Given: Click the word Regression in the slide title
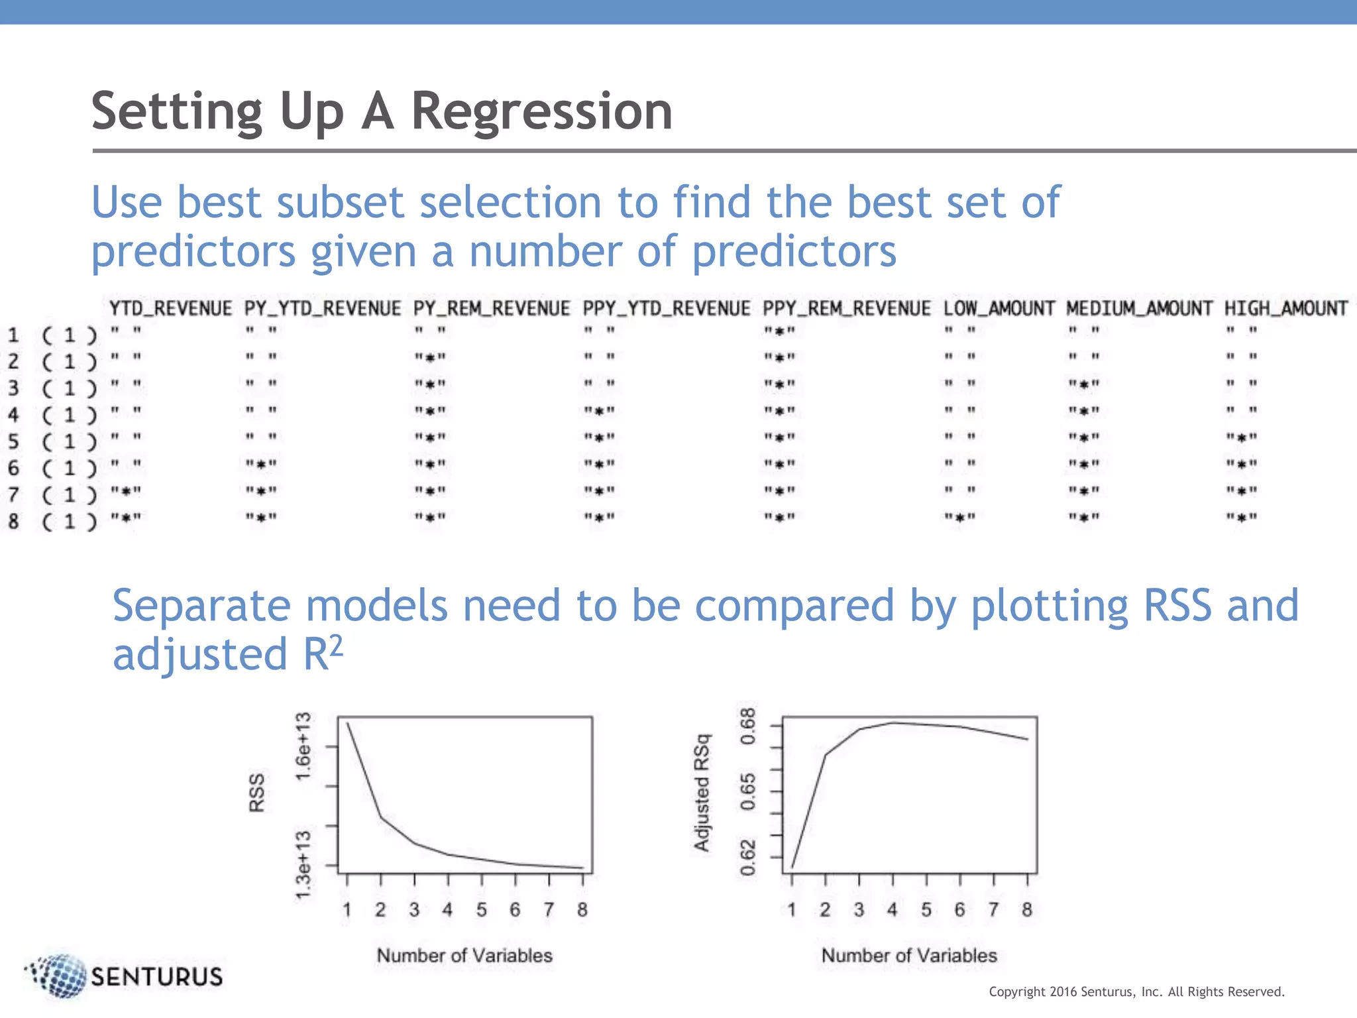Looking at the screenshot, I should [x=541, y=111].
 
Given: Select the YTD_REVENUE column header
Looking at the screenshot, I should [x=170, y=308].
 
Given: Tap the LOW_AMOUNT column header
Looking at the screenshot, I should [x=999, y=308].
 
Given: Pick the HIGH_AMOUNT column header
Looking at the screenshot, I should [x=1285, y=308].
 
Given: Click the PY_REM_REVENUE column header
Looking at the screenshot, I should [x=491, y=308].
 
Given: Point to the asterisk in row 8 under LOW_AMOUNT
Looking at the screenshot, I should [x=960, y=518].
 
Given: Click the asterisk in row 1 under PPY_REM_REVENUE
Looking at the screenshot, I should [x=779, y=331].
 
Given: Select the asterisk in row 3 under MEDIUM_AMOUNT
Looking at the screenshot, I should [x=1084, y=385].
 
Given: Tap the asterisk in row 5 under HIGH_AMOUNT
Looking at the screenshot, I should [x=1242, y=438].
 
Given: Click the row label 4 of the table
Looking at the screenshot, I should [x=13, y=415].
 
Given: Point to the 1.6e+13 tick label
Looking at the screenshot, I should [x=303, y=746].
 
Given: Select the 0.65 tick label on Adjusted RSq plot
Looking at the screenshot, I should [x=747, y=791].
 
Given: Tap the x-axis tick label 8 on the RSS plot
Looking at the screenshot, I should [x=582, y=910].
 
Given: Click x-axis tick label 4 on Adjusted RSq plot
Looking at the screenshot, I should [x=892, y=910].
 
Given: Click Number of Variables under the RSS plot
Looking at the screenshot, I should [x=464, y=955].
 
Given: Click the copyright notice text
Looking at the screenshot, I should [x=1136, y=991].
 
